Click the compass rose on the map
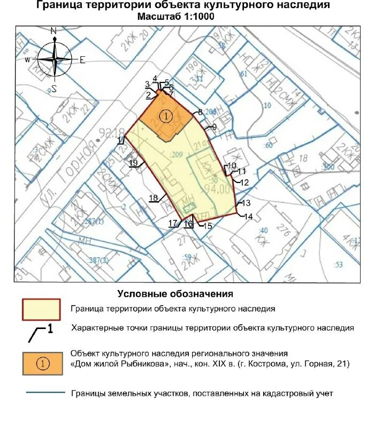tap(54, 59)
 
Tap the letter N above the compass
tap(53, 32)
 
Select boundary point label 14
tap(248, 217)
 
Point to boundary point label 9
tap(214, 127)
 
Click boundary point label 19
tap(134, 163)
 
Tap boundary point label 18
tap(153, 198)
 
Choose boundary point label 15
tap(208, 226)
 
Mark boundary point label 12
tap(245, 182)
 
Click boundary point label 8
tap(200, 112)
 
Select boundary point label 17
tap(173, 224)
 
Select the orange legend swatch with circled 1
tap(41, 363)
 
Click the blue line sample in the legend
tap(45, 393)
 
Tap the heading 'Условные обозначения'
tap(175, 294)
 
